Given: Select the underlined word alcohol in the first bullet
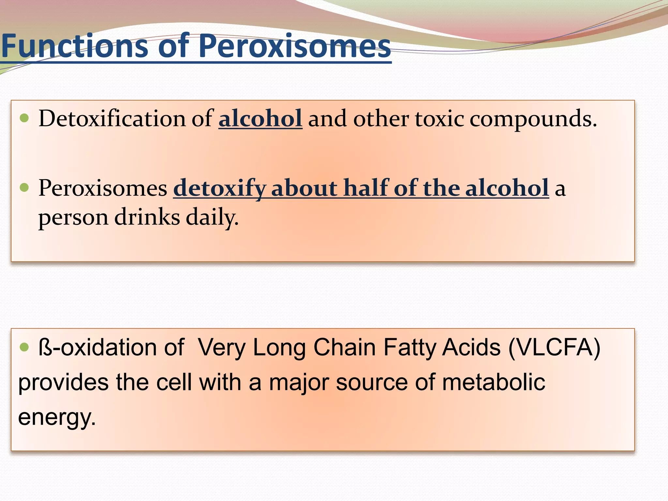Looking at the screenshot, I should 260,118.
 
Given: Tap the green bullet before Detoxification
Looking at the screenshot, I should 24,118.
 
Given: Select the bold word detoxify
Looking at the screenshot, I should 220,189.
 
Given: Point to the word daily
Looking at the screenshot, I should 212,218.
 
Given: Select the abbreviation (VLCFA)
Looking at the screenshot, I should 554,348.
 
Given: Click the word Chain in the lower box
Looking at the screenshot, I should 344,347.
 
